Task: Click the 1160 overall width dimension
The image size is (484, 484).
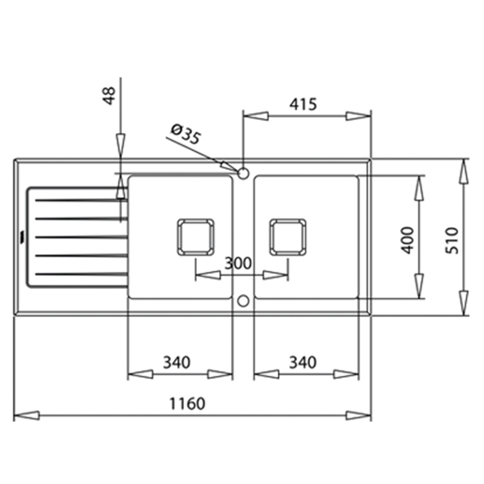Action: tap(187, 404)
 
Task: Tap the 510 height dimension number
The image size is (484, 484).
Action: tap(451, 240)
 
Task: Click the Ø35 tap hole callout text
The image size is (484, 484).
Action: tap(186, 134)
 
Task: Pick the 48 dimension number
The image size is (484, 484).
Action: tap(109, 96)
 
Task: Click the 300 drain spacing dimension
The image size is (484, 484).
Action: tap(238, 263)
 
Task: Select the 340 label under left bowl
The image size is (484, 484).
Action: tap(176, 362)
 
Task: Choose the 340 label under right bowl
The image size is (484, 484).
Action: tap(302, 362)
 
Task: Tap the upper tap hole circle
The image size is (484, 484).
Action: tap(243, 173)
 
